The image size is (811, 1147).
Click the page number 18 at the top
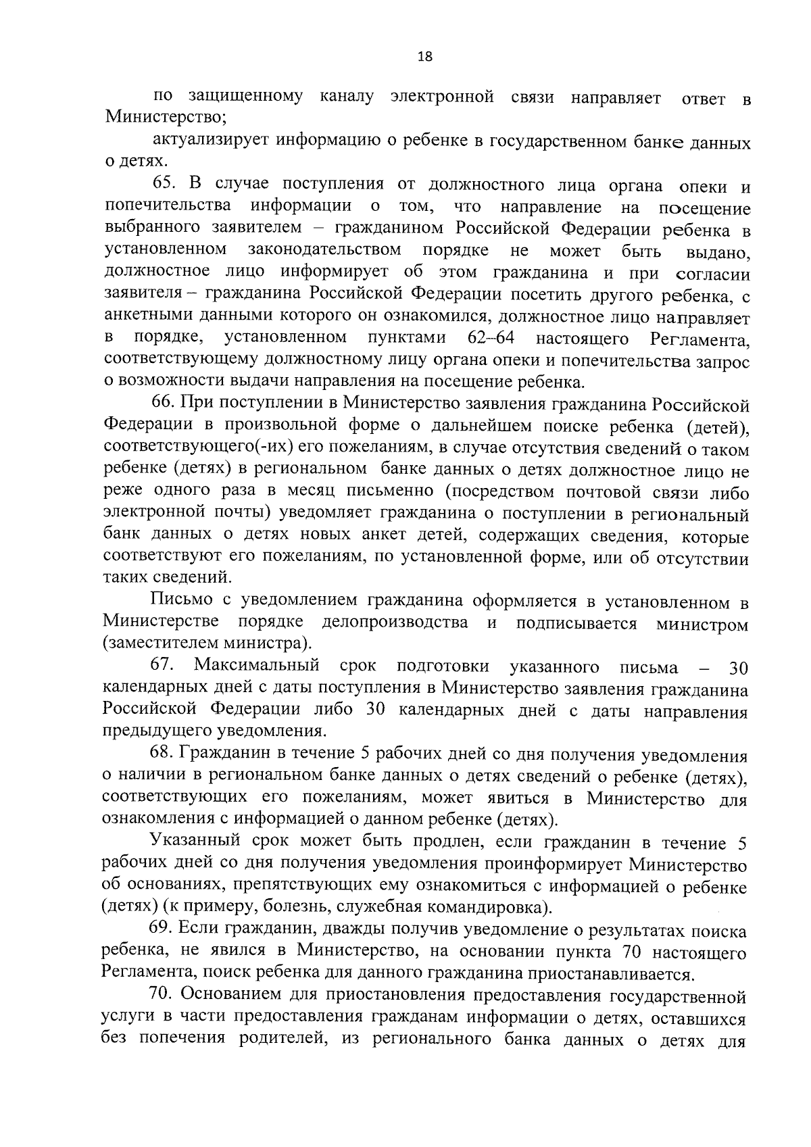click(425, 57)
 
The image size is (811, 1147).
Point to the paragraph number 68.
click(162, 754)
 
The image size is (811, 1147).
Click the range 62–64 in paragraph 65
click(492, 337)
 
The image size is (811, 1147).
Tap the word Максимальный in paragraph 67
click(257, 666)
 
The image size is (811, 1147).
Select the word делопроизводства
click(395, 623)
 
